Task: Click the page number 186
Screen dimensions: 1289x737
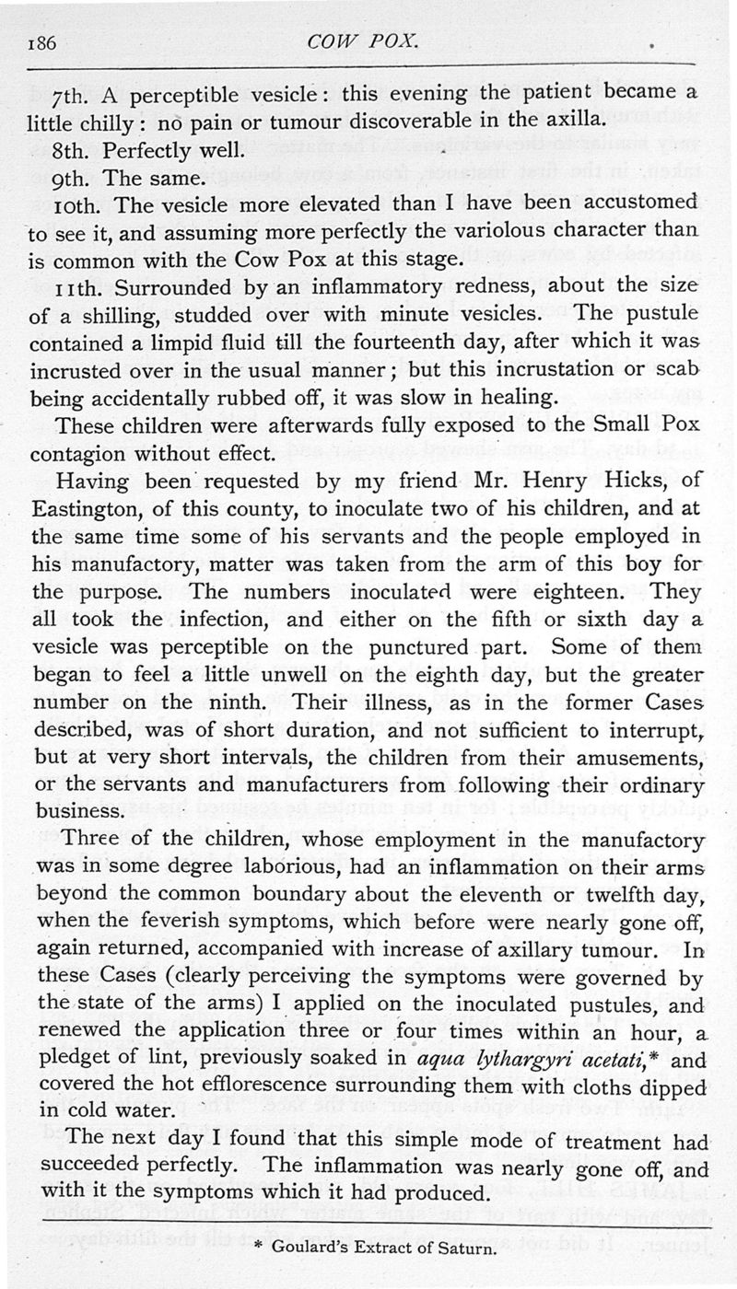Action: click(45, 41)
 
